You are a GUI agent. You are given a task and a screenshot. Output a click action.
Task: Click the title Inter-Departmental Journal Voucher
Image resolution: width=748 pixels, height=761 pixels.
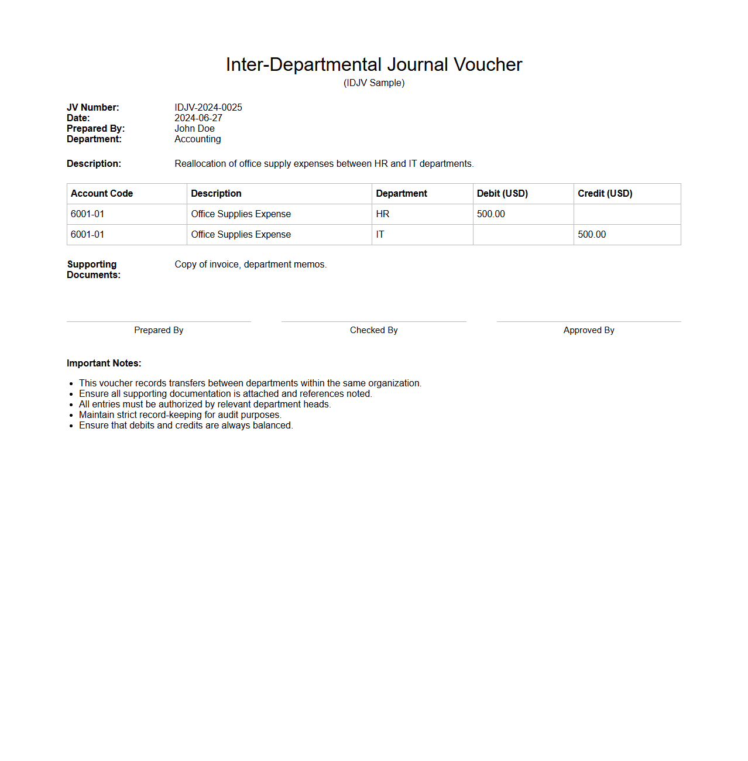373,64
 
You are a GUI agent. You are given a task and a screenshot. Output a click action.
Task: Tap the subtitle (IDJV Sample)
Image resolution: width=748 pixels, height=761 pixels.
373,83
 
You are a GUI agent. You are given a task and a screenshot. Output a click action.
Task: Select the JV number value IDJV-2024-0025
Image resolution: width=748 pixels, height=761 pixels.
208,108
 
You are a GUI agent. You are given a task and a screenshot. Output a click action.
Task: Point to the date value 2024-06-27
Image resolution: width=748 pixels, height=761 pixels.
198,118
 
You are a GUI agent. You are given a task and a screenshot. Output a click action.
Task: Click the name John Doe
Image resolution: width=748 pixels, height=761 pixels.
194,129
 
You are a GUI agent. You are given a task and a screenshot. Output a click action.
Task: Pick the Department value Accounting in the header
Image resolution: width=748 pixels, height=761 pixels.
197,139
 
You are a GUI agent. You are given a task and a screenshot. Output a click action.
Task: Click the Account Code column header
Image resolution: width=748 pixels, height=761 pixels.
102,194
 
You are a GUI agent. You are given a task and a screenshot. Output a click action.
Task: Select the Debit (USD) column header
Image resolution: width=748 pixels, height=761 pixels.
502,194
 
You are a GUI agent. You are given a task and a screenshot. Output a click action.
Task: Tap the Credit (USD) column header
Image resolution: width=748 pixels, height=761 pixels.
605,194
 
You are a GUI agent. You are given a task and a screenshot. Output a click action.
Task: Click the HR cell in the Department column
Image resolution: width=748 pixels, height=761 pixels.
383,214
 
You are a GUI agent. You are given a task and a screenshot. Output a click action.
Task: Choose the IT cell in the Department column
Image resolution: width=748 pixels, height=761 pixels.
380,235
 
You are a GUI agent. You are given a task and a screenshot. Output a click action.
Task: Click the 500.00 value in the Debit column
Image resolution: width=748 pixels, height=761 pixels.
490,214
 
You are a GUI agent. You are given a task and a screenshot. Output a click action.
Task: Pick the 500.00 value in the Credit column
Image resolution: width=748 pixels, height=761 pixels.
592,235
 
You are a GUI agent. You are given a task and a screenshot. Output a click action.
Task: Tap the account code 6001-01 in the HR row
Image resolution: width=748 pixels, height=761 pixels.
87,214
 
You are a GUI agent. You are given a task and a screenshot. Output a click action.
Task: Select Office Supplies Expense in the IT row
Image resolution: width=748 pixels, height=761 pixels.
241,235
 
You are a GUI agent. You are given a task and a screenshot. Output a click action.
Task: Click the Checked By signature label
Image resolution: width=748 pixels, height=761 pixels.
373,330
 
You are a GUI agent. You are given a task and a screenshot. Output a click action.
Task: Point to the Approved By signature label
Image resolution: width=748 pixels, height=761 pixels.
588,330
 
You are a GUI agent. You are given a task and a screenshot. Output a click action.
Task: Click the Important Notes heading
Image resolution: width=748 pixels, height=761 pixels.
104,364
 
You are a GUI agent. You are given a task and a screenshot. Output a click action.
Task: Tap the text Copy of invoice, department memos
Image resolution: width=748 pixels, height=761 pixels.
251,265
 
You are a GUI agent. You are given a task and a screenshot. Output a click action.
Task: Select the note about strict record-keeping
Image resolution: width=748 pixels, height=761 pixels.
180,415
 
